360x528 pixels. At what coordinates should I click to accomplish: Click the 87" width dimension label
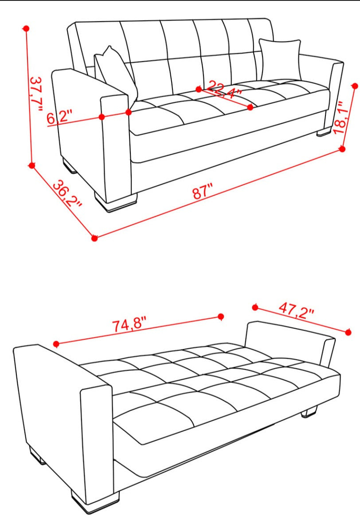point(203,192)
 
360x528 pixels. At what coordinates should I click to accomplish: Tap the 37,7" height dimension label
point(36,94)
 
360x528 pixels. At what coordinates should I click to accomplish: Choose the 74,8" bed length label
point(129,325)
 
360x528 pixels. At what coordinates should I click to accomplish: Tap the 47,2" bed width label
point(296,311)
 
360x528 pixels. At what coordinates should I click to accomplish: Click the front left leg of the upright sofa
point(116,201)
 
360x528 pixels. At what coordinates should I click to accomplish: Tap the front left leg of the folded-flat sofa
point(95,501)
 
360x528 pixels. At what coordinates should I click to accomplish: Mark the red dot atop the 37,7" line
point(27,29)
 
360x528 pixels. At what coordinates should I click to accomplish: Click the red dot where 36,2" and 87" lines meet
point(94,238)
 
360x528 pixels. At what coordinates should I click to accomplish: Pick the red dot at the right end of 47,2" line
point(348,332)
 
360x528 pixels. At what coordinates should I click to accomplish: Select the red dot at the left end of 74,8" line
point(56,344)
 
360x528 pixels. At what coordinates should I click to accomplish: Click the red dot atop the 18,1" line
point(355,86)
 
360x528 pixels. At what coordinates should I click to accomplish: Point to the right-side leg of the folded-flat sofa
point(309,412)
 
